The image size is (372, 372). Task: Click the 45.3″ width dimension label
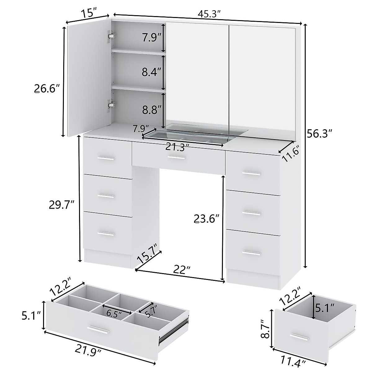point(210,14)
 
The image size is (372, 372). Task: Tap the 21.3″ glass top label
point(177,147)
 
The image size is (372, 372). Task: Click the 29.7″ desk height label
point(62,205)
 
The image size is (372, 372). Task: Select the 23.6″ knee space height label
point(206,219)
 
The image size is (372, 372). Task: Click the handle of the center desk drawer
point(177,158)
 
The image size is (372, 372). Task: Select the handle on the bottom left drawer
point(106,234)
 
